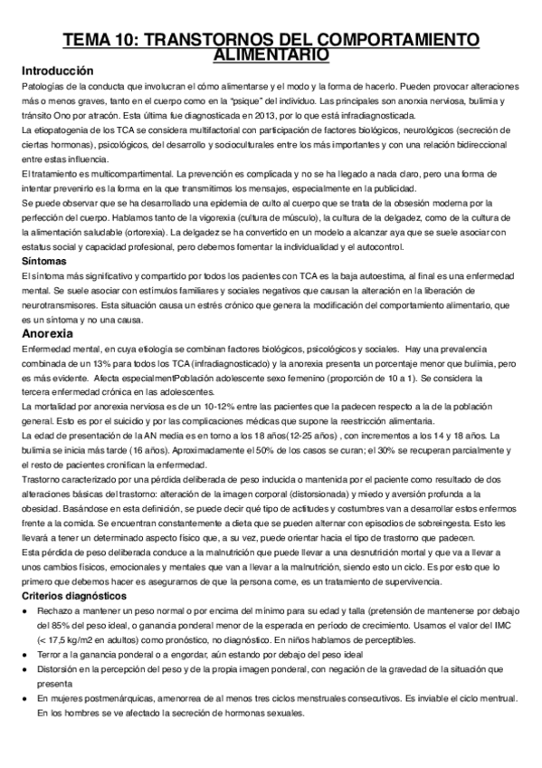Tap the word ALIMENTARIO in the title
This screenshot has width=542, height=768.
click(x=271, y=55)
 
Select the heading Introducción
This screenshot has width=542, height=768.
click(x=56, y=71)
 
